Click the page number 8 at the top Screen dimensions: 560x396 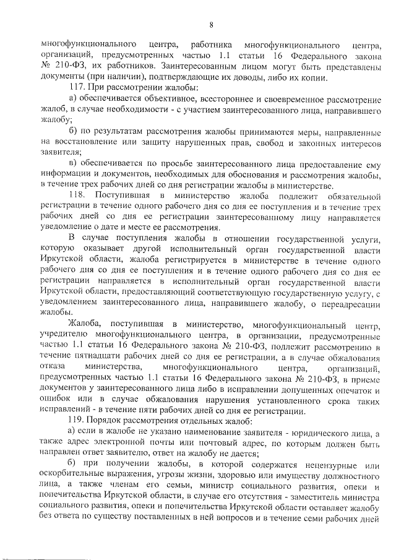click(x=211, y=25)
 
